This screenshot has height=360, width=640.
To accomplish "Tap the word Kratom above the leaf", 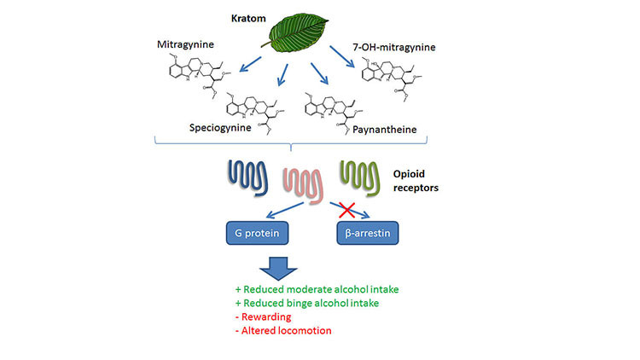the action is [248, 19].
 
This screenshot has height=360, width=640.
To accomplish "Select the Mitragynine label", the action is [185, 45].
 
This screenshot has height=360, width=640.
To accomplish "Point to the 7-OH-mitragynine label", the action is [394, 48].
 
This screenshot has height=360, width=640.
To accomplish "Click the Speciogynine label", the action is [220, 128].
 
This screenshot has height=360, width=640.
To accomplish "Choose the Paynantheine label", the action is [385, 130].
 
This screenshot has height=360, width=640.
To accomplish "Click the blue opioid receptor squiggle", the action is [247, 177].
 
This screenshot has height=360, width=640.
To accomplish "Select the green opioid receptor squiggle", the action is [359, 178].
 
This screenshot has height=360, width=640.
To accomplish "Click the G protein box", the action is [257, 233].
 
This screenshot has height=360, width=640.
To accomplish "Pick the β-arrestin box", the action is [367, 233].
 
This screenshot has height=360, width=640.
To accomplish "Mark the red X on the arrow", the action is [347, 210].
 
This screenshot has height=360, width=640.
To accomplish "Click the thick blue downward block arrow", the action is [278, 268].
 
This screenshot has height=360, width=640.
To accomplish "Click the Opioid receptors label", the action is [416, 181].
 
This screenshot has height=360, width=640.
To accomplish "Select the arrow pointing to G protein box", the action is [285, 210].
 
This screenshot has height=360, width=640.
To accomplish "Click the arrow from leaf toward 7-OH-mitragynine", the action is [342, 56].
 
